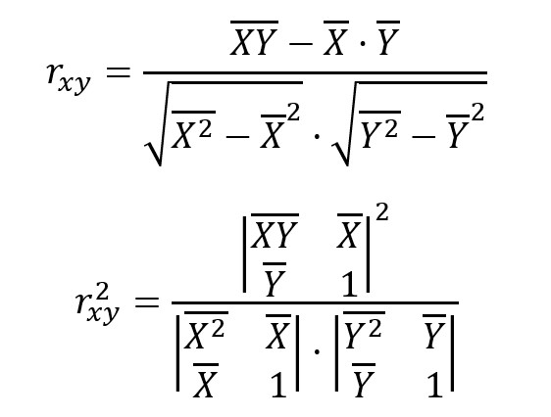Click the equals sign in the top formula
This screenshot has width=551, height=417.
pos(118,73)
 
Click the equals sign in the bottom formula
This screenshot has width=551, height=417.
pos(147,301)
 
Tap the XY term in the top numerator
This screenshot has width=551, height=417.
pos(254,38)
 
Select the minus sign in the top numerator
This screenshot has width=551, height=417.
pos(300,44)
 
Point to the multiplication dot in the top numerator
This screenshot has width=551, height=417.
pos(362,44)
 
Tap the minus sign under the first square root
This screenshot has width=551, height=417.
pos(237,136)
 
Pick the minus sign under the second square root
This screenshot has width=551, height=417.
pos(424,136)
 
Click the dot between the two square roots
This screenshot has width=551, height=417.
pos(317,136)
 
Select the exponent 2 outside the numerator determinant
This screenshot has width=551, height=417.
pos(382,212)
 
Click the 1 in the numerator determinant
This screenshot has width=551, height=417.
pos(350,285)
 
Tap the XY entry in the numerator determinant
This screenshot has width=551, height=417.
pos(275,231)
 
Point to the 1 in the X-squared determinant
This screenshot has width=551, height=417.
pos(278,385)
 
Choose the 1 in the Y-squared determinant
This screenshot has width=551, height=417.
pos(435,385)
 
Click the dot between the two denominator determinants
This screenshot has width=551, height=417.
pos(317,350)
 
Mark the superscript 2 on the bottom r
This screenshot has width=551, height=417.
pos(102,293)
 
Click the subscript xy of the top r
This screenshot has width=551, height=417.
pos(75,83)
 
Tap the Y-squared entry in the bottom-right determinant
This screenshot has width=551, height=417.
pos(363,331)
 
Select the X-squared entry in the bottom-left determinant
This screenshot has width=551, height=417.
pos(205,331)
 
